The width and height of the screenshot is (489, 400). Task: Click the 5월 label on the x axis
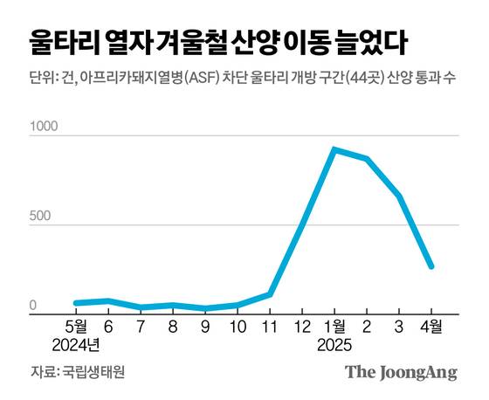click(x=76, y=328)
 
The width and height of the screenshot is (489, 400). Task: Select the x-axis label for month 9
click(x=205, y=328)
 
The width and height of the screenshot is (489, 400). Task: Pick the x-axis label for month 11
click(x=269, y=328)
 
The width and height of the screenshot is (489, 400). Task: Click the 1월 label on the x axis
click(x=334, y=328)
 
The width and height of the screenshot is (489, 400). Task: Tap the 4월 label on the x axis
click(x=430, y=328)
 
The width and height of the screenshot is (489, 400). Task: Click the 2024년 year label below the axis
click(x=76, y=345)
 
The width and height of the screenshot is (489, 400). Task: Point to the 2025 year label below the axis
click(x=334, y=345)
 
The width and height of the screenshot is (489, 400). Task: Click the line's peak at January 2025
click(x=334, y=149)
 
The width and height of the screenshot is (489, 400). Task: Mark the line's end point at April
click(x=431, y=266)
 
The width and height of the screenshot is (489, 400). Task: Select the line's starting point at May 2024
click(x=76, y=303)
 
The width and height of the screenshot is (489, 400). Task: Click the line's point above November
click(x=270, y=293)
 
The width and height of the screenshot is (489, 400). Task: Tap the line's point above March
click(x=399, y=196)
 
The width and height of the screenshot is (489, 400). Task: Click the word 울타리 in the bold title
click(x=60, y=41)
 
